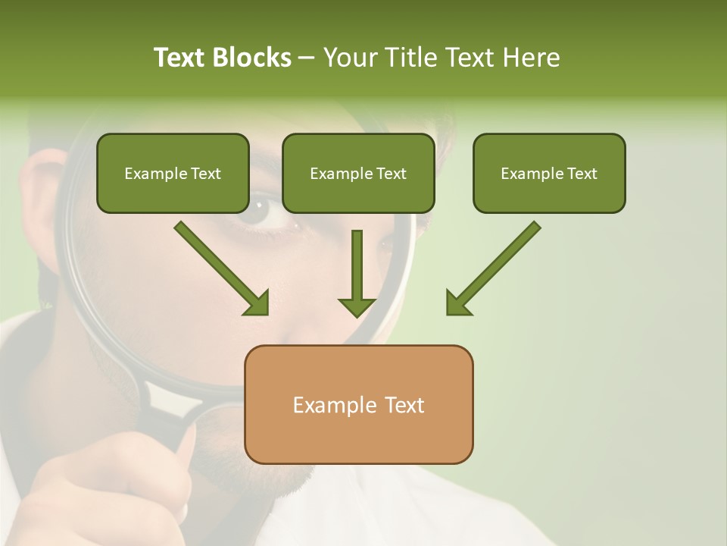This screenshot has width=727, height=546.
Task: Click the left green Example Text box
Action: click(x=173, y=173)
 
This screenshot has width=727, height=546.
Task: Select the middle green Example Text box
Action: click(x=358, y=173)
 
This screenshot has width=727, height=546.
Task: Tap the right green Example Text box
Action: click(x=549, y=173)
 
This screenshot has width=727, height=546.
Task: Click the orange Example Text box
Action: click(x=358, y=404)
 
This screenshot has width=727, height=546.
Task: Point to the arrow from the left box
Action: click(x=220, y=267)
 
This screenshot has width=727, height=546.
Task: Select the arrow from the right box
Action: click(x=494, y=267)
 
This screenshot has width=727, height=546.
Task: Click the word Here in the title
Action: click(x=532, y=58)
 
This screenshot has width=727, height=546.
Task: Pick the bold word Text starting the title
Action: click(x=180, y=58)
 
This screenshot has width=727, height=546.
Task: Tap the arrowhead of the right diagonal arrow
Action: click(x=458, y=303)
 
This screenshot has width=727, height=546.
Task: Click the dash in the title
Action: click(x=307, y=58)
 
